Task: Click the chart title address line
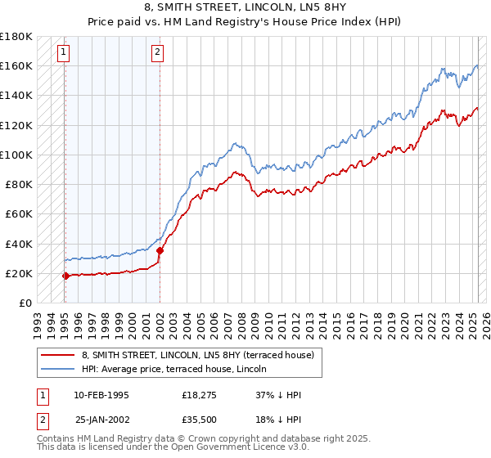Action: click(245, 8)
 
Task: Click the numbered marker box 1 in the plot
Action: click(64, 54)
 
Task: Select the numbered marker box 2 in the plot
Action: click(157, 54)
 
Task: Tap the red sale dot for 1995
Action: click(65, 276)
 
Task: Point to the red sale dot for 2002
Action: click(160, 250)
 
